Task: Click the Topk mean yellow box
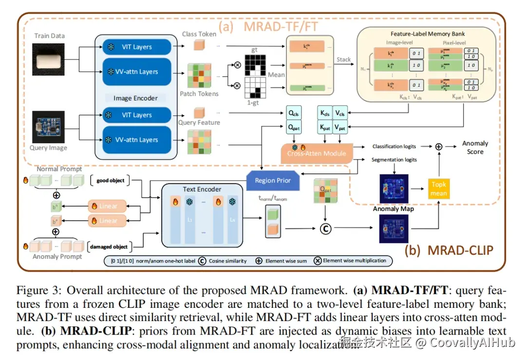(439, 189)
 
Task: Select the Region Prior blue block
(272, 180)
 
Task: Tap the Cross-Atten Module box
(316, 153)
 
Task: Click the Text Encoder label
(202, 189)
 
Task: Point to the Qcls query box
(294, 114)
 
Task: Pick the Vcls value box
(340, 114)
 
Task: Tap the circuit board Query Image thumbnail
(48, 127)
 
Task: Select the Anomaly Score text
(475, 147)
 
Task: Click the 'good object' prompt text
(110, 180)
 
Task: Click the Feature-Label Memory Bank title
(428, 34)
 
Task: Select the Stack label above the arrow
(343, 59)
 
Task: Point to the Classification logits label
(394, 146)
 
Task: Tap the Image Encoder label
(135, 98)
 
